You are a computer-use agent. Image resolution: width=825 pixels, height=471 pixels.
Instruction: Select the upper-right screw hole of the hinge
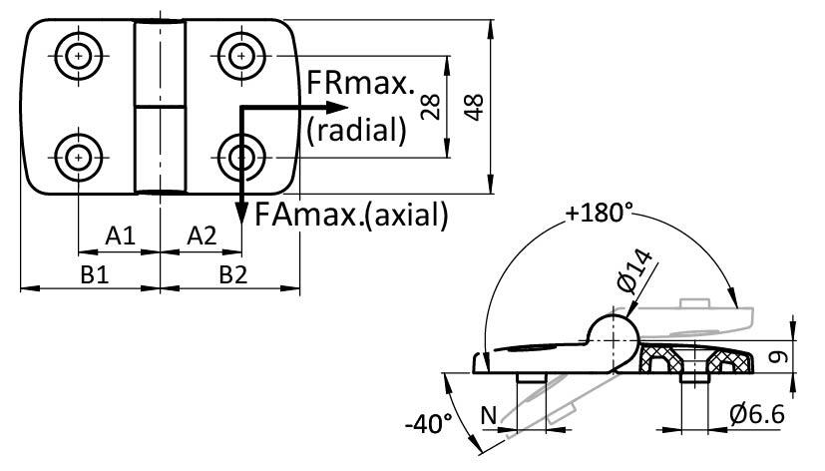coord(240,55)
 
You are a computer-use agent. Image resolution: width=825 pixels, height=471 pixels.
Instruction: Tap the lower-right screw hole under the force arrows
coord(240,156)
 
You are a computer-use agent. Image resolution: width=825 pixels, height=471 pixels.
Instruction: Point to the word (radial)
coord(357,129)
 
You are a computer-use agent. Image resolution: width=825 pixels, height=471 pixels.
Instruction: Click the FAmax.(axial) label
coord(351,213)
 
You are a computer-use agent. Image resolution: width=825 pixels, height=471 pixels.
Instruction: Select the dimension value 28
coord(432,106)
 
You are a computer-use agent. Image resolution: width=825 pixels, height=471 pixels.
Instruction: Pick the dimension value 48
coord(475,106)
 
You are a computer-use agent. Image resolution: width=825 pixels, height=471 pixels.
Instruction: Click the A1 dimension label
coord(120,236)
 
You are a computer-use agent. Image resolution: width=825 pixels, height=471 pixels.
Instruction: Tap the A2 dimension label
coord(202,236)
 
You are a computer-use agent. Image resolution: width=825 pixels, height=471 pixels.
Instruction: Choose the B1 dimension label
coord(95,274)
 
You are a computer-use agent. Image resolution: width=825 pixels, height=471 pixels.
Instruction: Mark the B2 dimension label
coord(233,274)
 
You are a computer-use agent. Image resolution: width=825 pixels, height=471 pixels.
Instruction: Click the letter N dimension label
coord(488,413)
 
